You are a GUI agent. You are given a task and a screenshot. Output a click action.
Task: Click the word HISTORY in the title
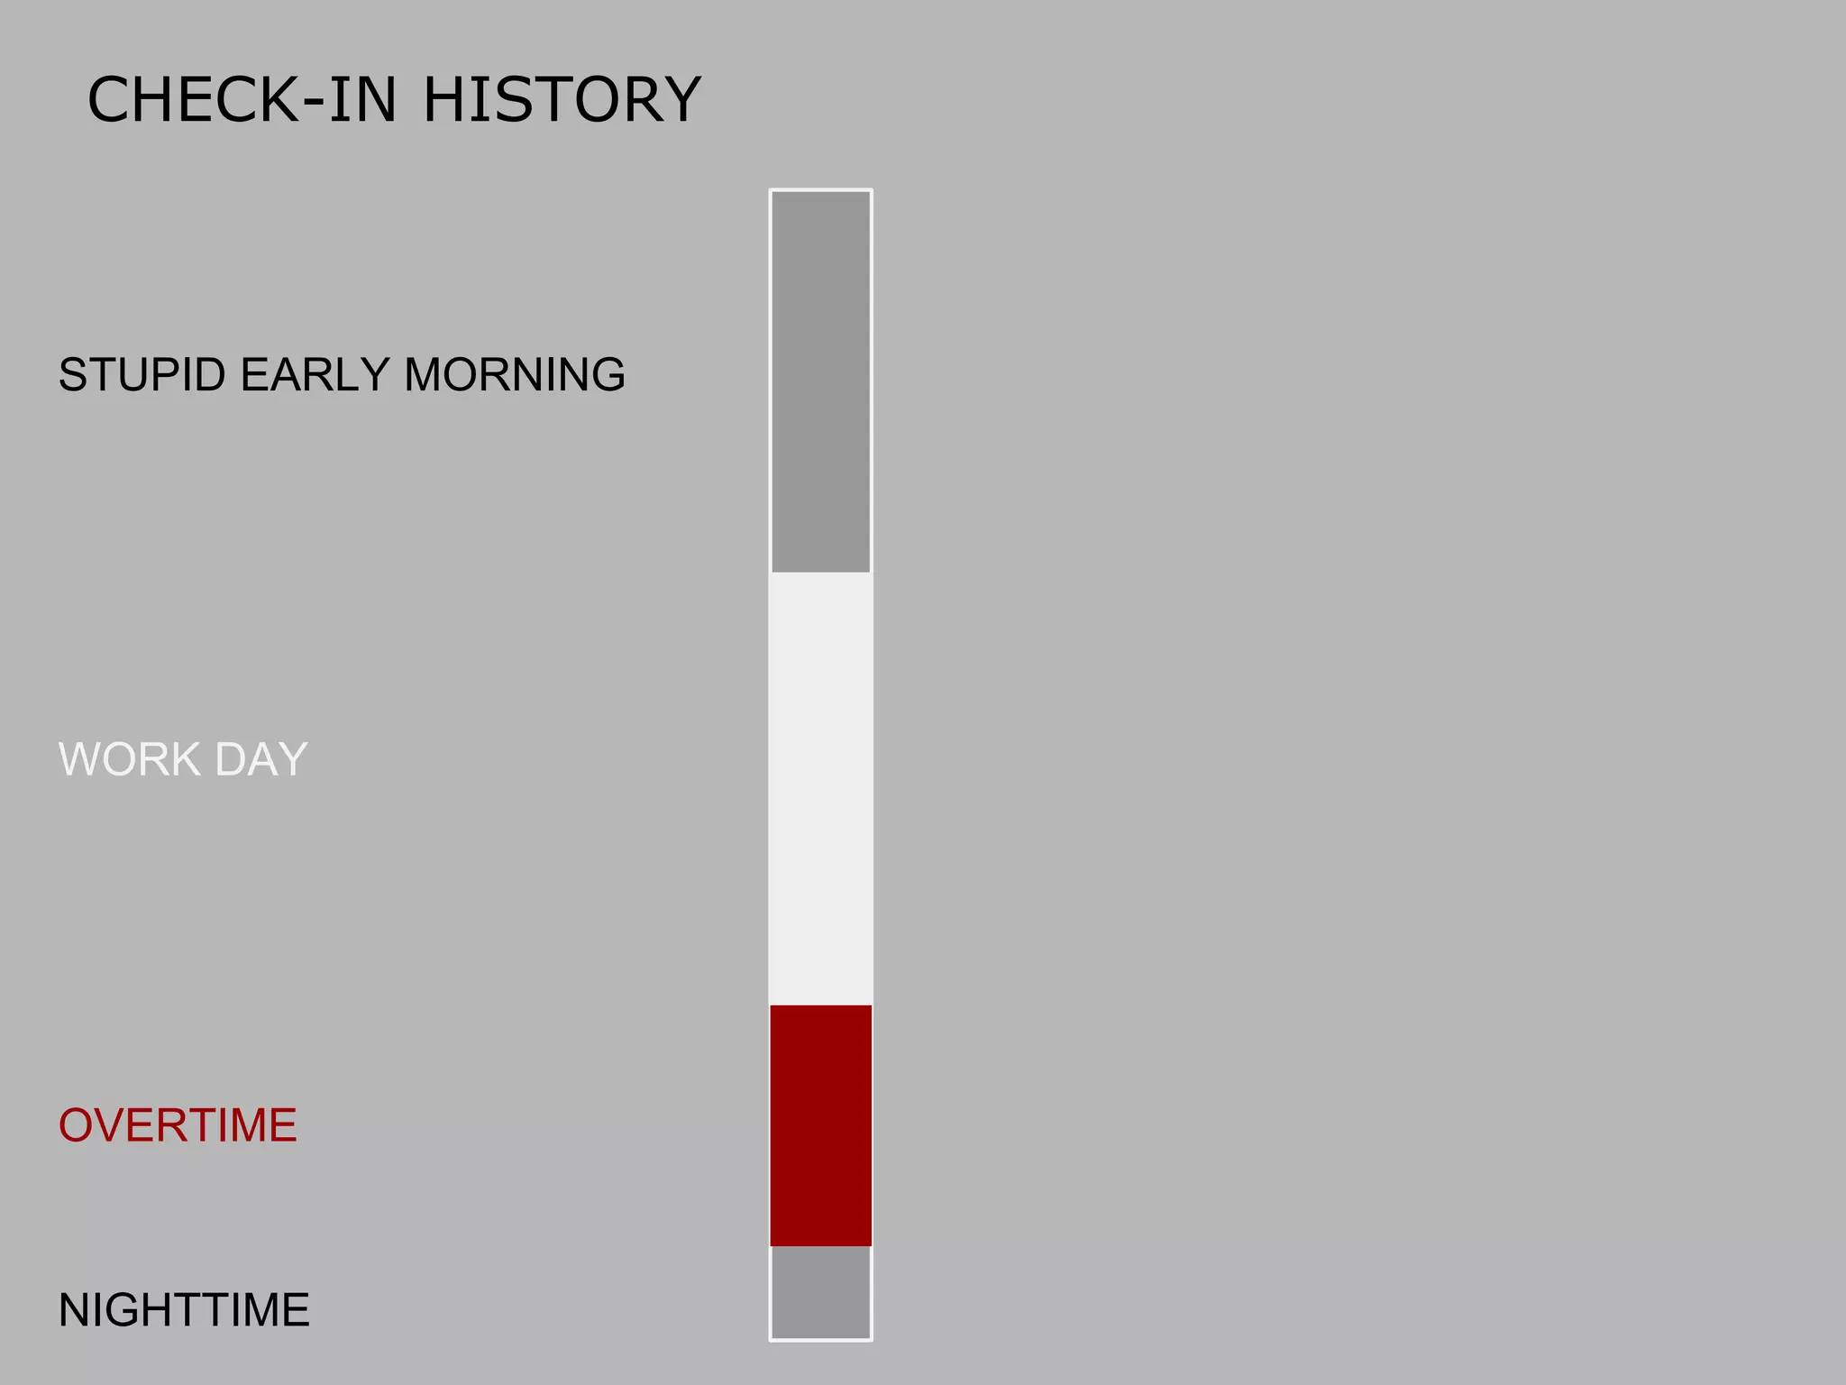click(562, 99)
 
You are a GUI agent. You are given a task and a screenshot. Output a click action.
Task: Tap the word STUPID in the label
click(142, 375)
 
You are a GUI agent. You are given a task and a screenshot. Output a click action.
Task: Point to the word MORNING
click(515, 375)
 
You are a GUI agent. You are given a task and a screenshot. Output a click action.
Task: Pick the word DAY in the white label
click(261, 759)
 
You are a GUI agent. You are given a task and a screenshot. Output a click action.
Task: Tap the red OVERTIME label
click(178, 1125)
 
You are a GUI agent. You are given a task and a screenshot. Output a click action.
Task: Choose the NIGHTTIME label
click(184, 1310)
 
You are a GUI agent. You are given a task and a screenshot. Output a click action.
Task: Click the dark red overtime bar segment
click(820, 1125)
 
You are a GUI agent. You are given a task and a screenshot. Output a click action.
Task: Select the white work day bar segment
click(820, 788)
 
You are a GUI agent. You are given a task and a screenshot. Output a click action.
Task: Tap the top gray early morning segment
click(820, 381)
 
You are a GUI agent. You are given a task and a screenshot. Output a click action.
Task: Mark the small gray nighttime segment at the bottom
click(820, 1291)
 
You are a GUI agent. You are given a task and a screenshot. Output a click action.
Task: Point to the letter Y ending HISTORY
click(679, 99)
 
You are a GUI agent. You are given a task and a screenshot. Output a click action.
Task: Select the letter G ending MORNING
click(606, 375)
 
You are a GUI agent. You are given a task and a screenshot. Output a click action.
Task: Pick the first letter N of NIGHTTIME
click(76, 1310)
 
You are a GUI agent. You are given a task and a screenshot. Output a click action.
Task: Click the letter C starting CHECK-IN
click(110, 99)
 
